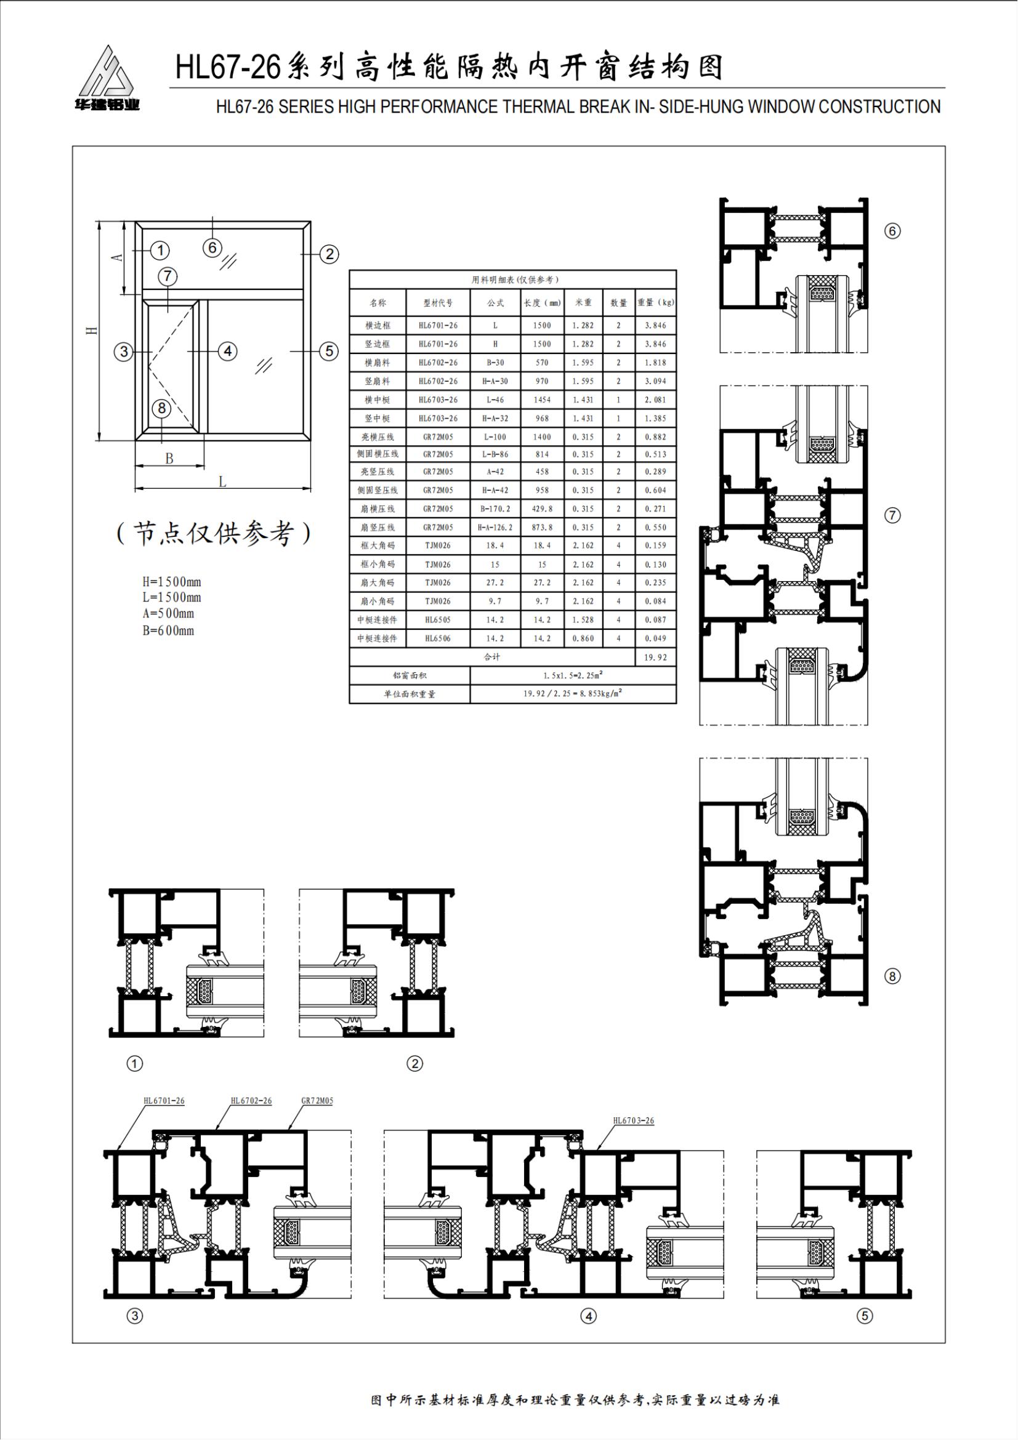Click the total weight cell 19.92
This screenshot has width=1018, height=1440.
click(x=655, y=658)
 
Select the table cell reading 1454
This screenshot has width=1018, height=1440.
click(x=542, y=400)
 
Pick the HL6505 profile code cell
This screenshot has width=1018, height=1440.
click(x=438, y=620)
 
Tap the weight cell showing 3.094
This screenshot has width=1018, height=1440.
click(x=655, y=381)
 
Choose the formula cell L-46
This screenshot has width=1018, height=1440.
click(x=495, y=400)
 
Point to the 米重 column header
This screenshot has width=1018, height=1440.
click(x=583, y=303)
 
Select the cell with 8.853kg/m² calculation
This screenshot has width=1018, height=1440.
click(x=573, y=694)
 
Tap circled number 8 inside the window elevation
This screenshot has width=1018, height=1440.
click(x=162, y=408)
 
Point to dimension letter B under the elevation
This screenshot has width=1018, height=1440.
click(x=169, y=459)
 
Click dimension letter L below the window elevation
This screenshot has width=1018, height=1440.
click(x=223, y=481)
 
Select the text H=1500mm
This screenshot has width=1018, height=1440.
click(x=172, y=582)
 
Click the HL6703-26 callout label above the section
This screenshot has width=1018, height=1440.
click(x=634, y=1120)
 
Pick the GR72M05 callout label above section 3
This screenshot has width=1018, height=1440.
click(x=317, y=1101)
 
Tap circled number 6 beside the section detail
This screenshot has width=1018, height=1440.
click(x=892, y=231)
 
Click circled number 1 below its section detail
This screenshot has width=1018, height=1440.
click(x=135, y=1064)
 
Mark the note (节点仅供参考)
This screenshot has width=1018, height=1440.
click(x=214, y=533)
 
